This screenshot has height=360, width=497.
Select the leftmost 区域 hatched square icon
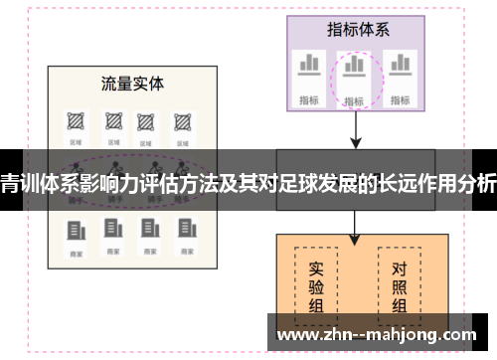tap(75, 122)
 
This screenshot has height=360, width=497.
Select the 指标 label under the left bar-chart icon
tap(308, 98)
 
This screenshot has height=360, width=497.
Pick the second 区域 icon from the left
tap(110, 122)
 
